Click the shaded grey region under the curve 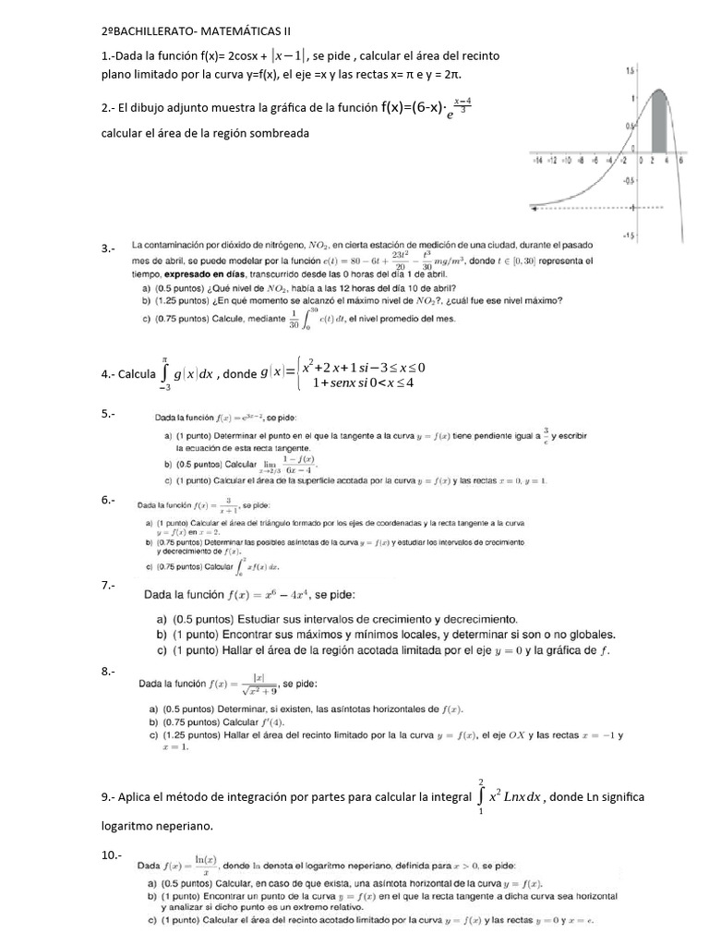[659, 126]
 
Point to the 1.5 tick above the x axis [629, 70]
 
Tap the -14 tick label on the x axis [538, 160]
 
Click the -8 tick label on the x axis [583, 160]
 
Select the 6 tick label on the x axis [679, 160]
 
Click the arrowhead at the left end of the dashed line [533, 206]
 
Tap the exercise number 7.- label [108, 586]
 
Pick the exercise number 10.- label [111, 855]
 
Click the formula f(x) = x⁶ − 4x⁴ [270, 594]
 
